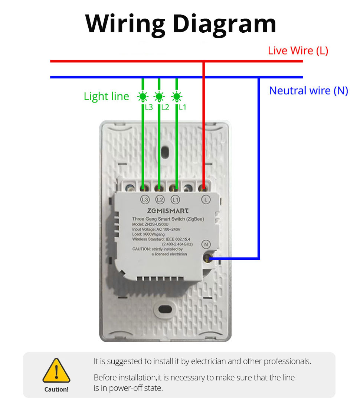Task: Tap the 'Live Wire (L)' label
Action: (x=298, y=51)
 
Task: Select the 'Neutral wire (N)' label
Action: (x=308, y=91)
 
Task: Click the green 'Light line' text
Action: (x=107, y=97)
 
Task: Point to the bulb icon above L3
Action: (x=143, y=97)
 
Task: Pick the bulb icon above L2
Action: (x=159, y=97)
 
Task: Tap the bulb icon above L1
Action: (x=177, y=97)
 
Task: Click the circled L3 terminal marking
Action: (x=145, y=200)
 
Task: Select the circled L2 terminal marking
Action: (x=160, y=200)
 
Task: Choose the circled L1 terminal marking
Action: (x=175, y=200)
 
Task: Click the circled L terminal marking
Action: (x=206, y=200)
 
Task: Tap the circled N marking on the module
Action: (x=206, y=244)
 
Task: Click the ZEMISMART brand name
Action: (x=168, y=211)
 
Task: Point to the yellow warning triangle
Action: (x=56, y=370)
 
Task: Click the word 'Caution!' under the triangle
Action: (x=56, y=389)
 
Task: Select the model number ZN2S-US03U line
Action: (x=150, y=224)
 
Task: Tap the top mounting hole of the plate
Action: (x=165, y=152)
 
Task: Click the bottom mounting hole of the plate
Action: (x=165, y=309)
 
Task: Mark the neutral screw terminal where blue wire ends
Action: (x=208, y=258)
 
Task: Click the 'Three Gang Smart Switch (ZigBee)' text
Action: (x=168, y=219)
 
